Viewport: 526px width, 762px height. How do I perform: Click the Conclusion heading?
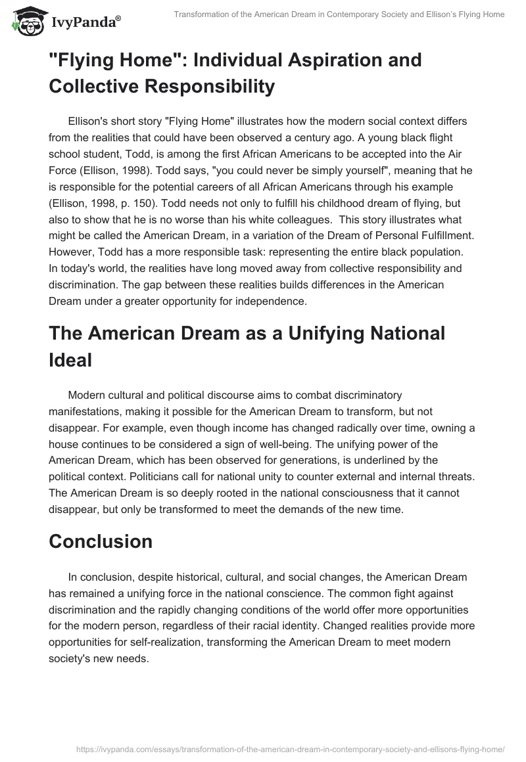coord(101,541)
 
